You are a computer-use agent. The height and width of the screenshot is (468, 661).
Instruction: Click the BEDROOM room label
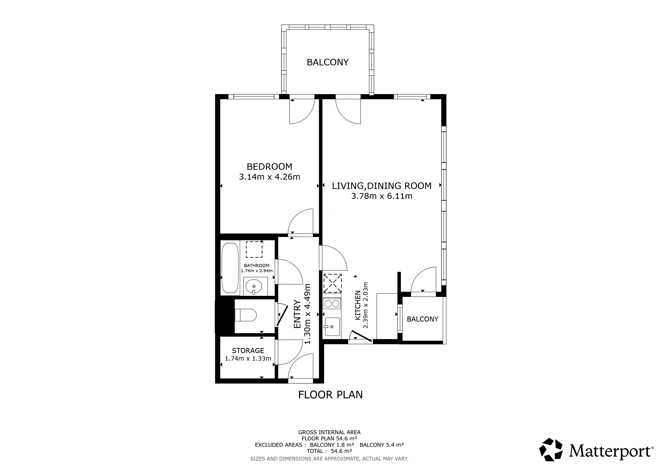click(x=270, y=167)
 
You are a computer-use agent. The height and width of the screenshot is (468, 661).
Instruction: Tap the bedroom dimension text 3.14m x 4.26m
click(x=270, y=177)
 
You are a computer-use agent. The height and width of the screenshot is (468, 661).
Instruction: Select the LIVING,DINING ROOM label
click(x=382, y=186)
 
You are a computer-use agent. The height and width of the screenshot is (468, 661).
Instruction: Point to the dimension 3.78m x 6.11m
click(x=382, y=196)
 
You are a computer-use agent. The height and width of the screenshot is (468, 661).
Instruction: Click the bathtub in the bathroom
click(x=230, y=268)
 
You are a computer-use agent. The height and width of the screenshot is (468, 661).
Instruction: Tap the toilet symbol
click(x=246, y=315)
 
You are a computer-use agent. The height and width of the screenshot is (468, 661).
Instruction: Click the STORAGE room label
click(x=248, y=350)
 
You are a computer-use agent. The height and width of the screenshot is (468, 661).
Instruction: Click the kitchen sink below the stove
click(x=332, y=327)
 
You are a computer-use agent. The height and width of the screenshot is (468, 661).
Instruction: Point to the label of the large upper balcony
click(x=328, y=62)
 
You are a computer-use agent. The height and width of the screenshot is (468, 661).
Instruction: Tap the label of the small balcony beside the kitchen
click(x=422, y=319)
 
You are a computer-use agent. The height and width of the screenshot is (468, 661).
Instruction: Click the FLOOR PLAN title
click(x=330, y=394)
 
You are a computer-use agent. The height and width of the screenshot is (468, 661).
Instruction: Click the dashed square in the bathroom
click(x=254, y=250)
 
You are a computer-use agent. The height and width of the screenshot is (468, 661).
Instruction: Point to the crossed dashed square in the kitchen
click(x=333, y=283)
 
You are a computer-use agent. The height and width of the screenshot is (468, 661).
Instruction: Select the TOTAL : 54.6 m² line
click(x=329, y=451)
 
